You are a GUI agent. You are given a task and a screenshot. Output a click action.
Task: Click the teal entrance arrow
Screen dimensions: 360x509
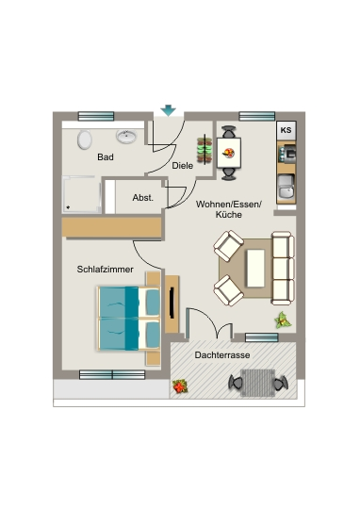[168, 110]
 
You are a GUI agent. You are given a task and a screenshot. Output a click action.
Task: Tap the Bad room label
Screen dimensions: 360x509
[106, 157]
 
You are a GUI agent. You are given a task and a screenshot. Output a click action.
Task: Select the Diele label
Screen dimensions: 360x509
[183, 166]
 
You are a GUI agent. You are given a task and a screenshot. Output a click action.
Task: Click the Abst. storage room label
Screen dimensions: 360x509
[143, 198]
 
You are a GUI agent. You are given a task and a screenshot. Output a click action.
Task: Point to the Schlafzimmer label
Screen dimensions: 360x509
[106, 269]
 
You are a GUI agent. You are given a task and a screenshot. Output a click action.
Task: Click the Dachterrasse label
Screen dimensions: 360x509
[222, 355]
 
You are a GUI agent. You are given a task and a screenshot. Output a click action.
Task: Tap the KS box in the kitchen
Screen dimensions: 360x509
[286, 130]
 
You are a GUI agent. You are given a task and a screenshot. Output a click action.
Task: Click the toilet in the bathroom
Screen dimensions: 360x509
[85, 140]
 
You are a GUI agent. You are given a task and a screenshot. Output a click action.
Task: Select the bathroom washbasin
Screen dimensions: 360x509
[126, 137]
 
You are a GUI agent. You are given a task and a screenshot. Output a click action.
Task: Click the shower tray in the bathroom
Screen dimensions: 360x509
[81, 194]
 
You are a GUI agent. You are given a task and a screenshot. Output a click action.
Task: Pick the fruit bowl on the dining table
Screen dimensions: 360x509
[229, 153]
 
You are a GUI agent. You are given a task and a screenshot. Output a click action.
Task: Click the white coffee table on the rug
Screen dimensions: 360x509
[255, 268]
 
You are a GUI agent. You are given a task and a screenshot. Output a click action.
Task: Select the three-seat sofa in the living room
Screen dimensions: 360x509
[283, 268]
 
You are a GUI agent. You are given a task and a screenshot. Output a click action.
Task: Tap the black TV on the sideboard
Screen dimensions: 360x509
[172, 303]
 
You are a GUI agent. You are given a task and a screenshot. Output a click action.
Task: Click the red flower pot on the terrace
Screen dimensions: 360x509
[180, 386]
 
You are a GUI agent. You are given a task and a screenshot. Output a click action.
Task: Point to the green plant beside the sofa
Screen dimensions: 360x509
[283, 320]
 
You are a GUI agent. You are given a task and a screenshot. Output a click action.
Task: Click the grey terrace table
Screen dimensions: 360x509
[257, 383]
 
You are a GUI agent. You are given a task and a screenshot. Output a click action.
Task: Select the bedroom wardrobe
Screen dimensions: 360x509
[111, 227]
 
